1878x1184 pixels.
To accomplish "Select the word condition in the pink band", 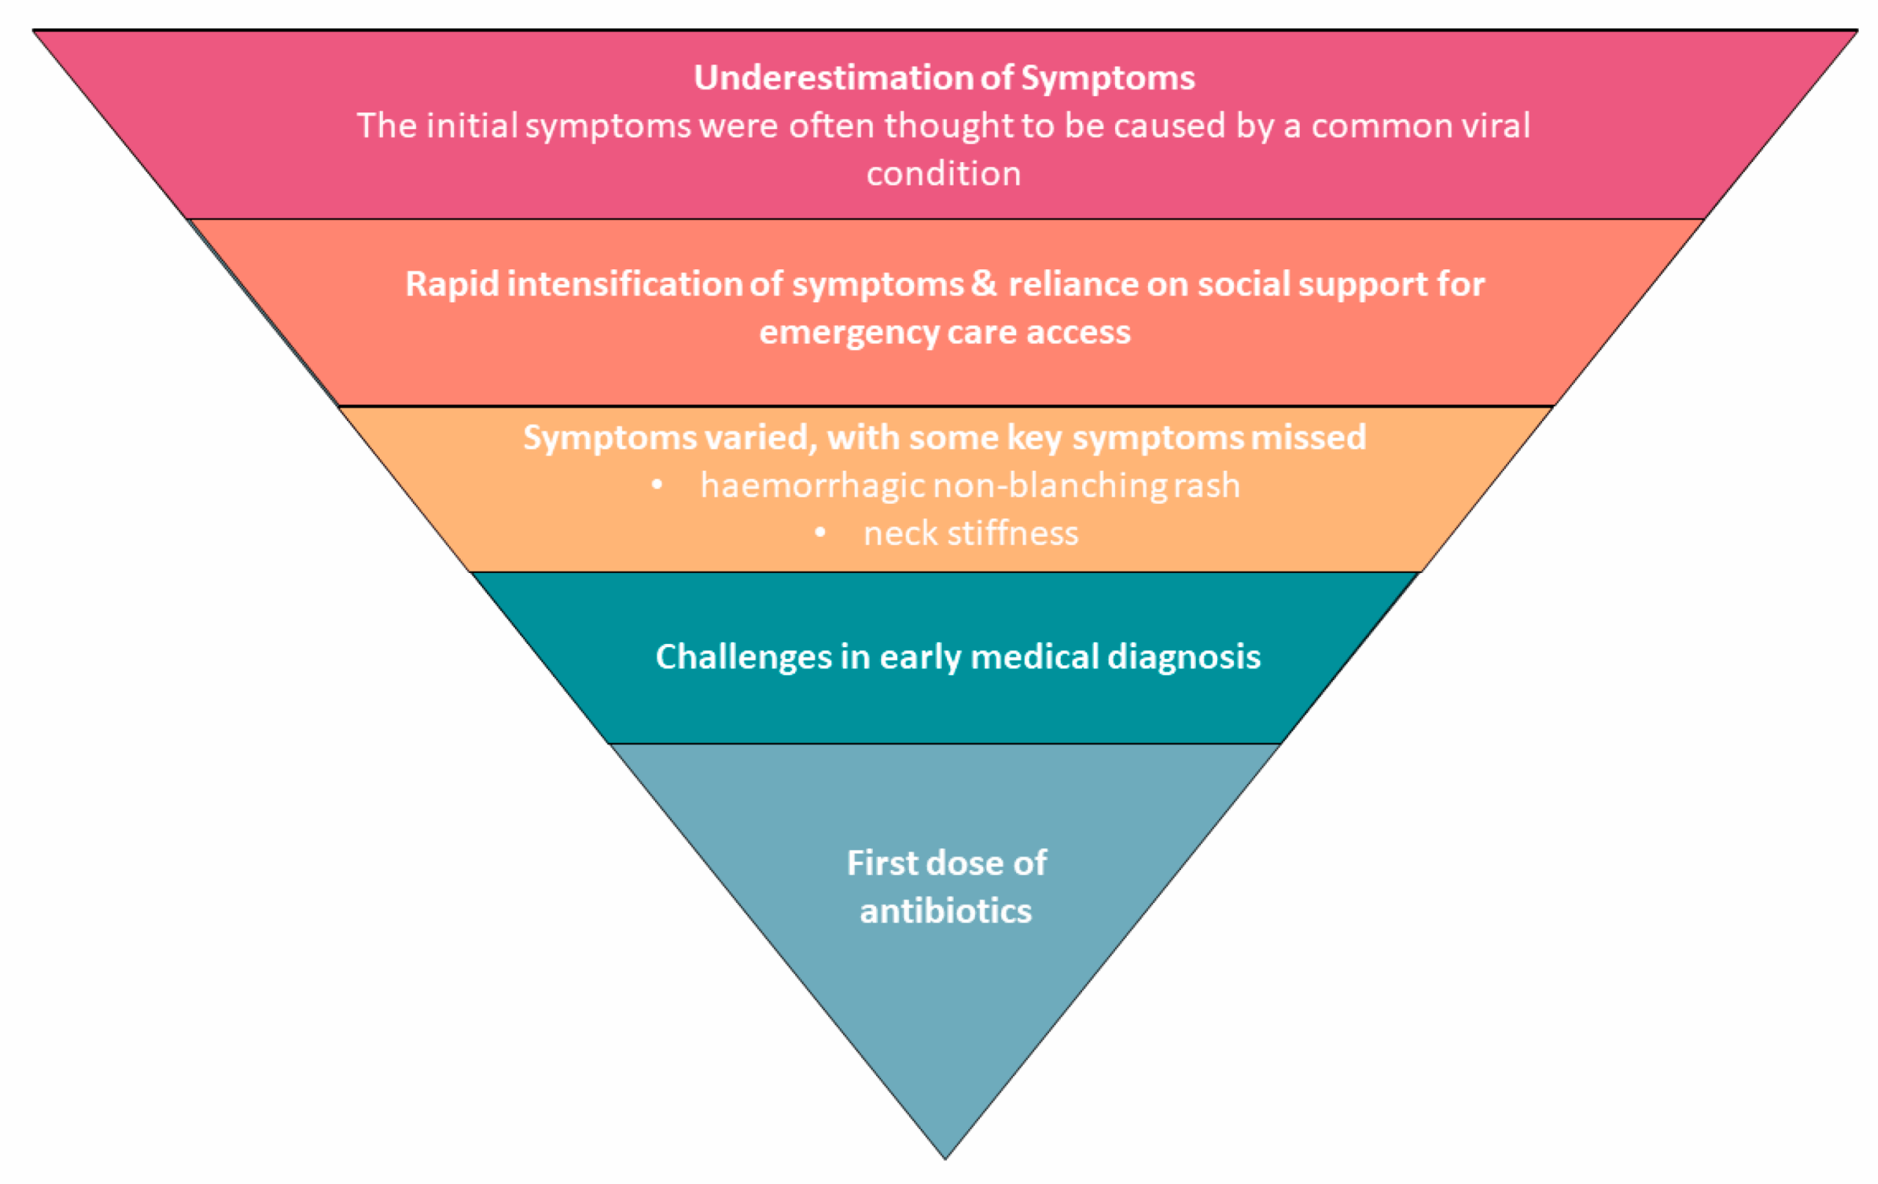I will [943, 173].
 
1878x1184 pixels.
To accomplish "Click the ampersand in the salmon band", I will [984, 282].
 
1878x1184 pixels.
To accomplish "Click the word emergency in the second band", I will [849, 332].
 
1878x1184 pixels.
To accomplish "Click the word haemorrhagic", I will [813, 485].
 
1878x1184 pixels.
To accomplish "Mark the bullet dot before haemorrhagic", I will [657, 485].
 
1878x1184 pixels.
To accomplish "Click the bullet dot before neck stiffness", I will [819, 533].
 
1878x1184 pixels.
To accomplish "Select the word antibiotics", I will [946, 911].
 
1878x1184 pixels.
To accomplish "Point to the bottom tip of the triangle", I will [944, 1158].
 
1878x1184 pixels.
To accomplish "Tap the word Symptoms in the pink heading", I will [1108, 78].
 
